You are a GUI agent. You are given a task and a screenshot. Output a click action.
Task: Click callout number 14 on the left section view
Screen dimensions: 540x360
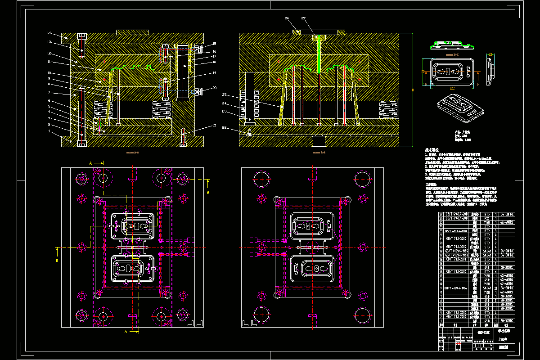[x=49, y=33]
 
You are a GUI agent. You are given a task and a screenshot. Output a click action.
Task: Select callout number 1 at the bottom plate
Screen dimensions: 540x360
[x=49, y=131]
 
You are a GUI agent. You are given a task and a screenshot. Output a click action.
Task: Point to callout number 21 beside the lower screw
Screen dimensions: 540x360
[x=215, y=125]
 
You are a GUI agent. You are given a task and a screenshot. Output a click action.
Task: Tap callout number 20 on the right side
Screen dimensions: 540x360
[x=215, y=88]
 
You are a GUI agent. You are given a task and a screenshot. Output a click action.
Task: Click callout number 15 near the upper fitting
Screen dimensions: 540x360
[x=215, y=44]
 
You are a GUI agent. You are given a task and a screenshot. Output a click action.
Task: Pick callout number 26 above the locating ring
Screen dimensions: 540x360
[x=287, y=18]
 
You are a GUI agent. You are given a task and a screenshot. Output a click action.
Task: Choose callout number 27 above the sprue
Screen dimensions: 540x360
[x=304, y=18]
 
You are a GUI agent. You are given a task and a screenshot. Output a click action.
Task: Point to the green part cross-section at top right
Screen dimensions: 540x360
[x=452, y=45]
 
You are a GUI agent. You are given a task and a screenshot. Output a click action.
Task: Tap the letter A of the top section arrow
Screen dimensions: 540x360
[x=90, y=162]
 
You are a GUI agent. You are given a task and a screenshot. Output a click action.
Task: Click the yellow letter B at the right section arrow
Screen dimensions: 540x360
[x=208, y=192]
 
